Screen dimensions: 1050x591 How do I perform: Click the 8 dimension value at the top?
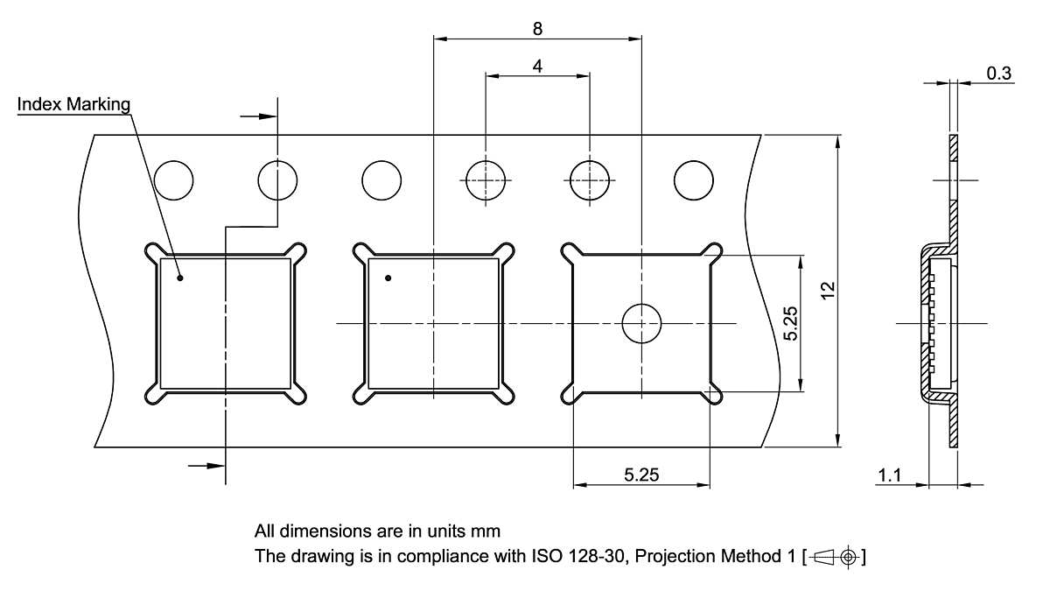point(537,29)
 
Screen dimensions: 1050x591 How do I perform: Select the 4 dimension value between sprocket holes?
point(537,67)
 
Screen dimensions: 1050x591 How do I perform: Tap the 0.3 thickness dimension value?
point(999,74)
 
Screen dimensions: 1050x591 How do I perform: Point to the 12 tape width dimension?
point(829,291)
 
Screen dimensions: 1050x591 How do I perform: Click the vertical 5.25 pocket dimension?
point(790,323)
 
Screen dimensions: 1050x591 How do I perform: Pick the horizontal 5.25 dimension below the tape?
point(641,475)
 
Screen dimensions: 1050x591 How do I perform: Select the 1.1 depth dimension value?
point(889,475)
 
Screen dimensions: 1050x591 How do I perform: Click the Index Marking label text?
point(73,104)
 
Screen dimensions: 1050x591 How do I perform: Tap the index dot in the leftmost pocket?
point(179,278)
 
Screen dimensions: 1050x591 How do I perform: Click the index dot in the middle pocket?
point(388,278)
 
